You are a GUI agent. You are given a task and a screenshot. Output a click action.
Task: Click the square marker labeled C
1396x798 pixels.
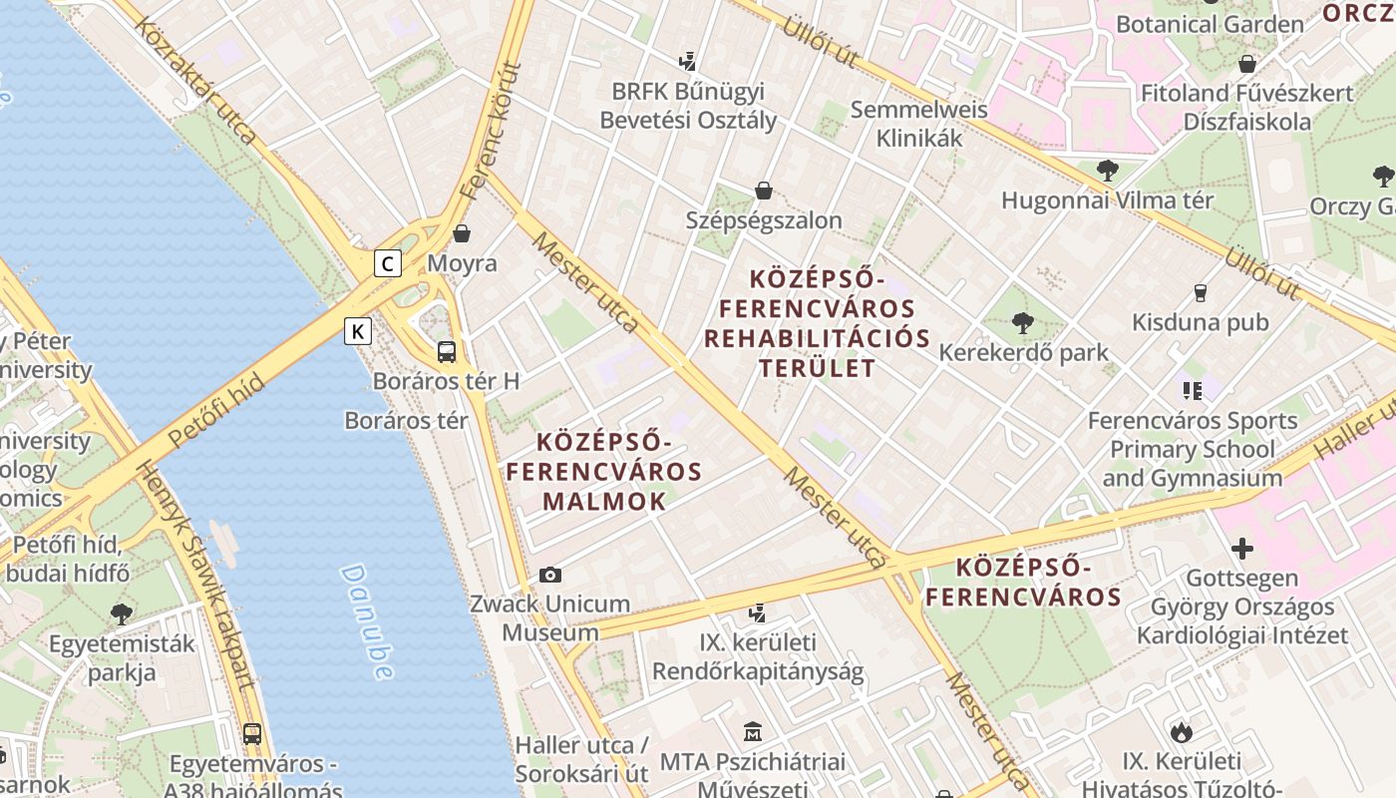388,263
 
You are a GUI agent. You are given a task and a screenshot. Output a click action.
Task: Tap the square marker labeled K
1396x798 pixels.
358,331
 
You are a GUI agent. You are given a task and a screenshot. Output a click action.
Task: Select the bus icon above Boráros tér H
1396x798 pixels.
447,351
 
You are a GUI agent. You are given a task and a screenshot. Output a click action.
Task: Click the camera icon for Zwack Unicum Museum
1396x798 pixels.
549,575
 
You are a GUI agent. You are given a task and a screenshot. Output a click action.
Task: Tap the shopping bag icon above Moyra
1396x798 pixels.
462,233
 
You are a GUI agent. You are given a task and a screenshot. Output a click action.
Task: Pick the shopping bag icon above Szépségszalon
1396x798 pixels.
764,190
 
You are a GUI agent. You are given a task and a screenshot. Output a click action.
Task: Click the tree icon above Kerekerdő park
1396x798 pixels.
1022,322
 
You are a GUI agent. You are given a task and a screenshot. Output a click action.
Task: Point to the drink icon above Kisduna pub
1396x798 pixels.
1201,292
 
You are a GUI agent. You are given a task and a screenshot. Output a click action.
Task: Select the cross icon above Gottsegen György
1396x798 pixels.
1241,549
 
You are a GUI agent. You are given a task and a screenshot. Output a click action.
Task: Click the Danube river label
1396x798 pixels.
366,621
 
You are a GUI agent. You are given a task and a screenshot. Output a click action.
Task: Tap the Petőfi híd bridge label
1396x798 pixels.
216,410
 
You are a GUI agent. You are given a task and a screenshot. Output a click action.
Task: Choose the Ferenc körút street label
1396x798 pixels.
493,129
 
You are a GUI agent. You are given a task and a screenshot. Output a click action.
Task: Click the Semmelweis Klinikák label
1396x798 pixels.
918,124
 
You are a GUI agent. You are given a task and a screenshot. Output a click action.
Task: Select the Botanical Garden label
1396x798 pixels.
1209,24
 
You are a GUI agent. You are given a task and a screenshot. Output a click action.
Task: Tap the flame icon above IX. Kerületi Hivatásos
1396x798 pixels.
1182,732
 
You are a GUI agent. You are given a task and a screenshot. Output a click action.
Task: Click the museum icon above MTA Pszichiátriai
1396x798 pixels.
752,732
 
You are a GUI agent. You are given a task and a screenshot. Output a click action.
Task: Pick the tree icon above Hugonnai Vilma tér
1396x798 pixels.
1107,171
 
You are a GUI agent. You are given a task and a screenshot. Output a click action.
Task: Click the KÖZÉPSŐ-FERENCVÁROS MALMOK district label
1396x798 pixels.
604,471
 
